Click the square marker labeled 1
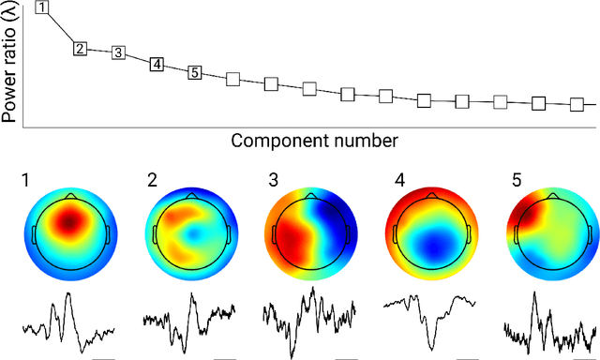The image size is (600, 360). pyautogui.click(x=43, y=7)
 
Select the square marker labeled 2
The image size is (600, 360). pyautogui.click(x=81, y=48)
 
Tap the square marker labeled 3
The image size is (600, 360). pyautogui.click(x=118, y=52)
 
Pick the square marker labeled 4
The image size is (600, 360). pyautogui.click(x=157, y=64)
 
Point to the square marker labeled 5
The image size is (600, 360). pyautogui.click(x=195, y=72)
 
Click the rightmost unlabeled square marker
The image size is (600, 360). pyautogui.click(x=577, y=105)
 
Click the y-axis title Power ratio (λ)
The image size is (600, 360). pyautogui.click(x=11, y=62)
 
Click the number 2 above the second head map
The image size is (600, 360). pyautogui.click(x=151, y=179)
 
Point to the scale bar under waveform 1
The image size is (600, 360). pyautogui.click(x=104, y=357)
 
